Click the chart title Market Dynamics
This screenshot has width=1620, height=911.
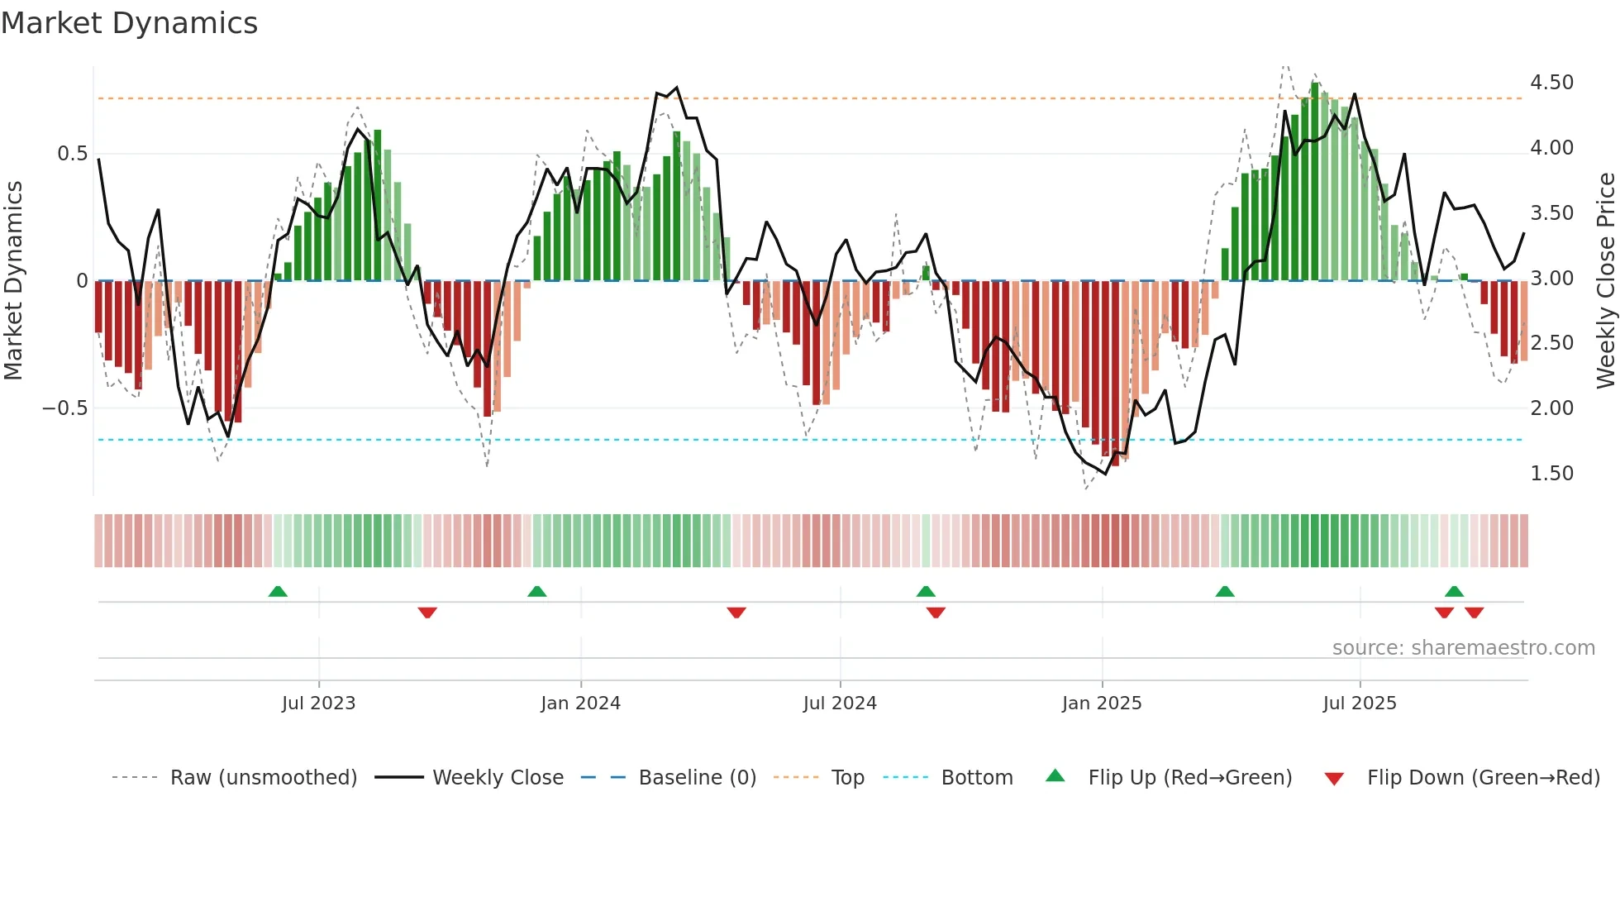coord(129,23)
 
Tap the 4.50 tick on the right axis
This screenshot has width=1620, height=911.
coord(1551,83)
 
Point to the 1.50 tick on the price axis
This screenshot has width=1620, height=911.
coord(1551,474)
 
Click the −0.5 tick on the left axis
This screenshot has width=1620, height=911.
coord(64,408)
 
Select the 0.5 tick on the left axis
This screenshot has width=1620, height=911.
coord(72,154)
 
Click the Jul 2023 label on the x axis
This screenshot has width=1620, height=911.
coord(318,704)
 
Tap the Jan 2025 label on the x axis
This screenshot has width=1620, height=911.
coord(1101,704)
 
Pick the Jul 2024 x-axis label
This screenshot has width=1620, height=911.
coord(839,704)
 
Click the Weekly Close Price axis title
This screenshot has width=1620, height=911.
coord(1605,280)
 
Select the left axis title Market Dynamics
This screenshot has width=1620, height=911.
coord(13,280)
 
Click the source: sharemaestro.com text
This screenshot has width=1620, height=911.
coord(1463,648)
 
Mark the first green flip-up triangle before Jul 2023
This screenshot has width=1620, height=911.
coord(278,591)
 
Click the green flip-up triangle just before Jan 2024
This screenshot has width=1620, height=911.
coord(536,591)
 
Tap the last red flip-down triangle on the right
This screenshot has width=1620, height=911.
coord(1474,613)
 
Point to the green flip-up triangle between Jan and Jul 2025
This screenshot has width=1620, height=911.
coord(1224,591)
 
